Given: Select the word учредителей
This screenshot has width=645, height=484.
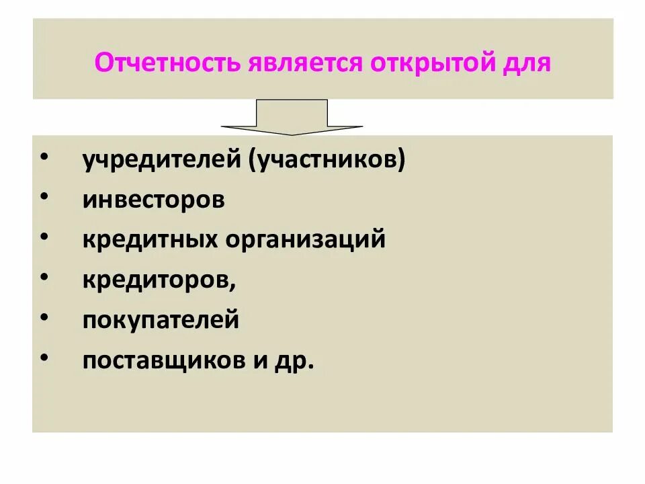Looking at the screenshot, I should tap(163, 161).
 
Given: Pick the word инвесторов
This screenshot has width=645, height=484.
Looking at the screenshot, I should tap(153, 200).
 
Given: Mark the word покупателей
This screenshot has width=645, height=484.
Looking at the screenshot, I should tap(161, 319).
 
